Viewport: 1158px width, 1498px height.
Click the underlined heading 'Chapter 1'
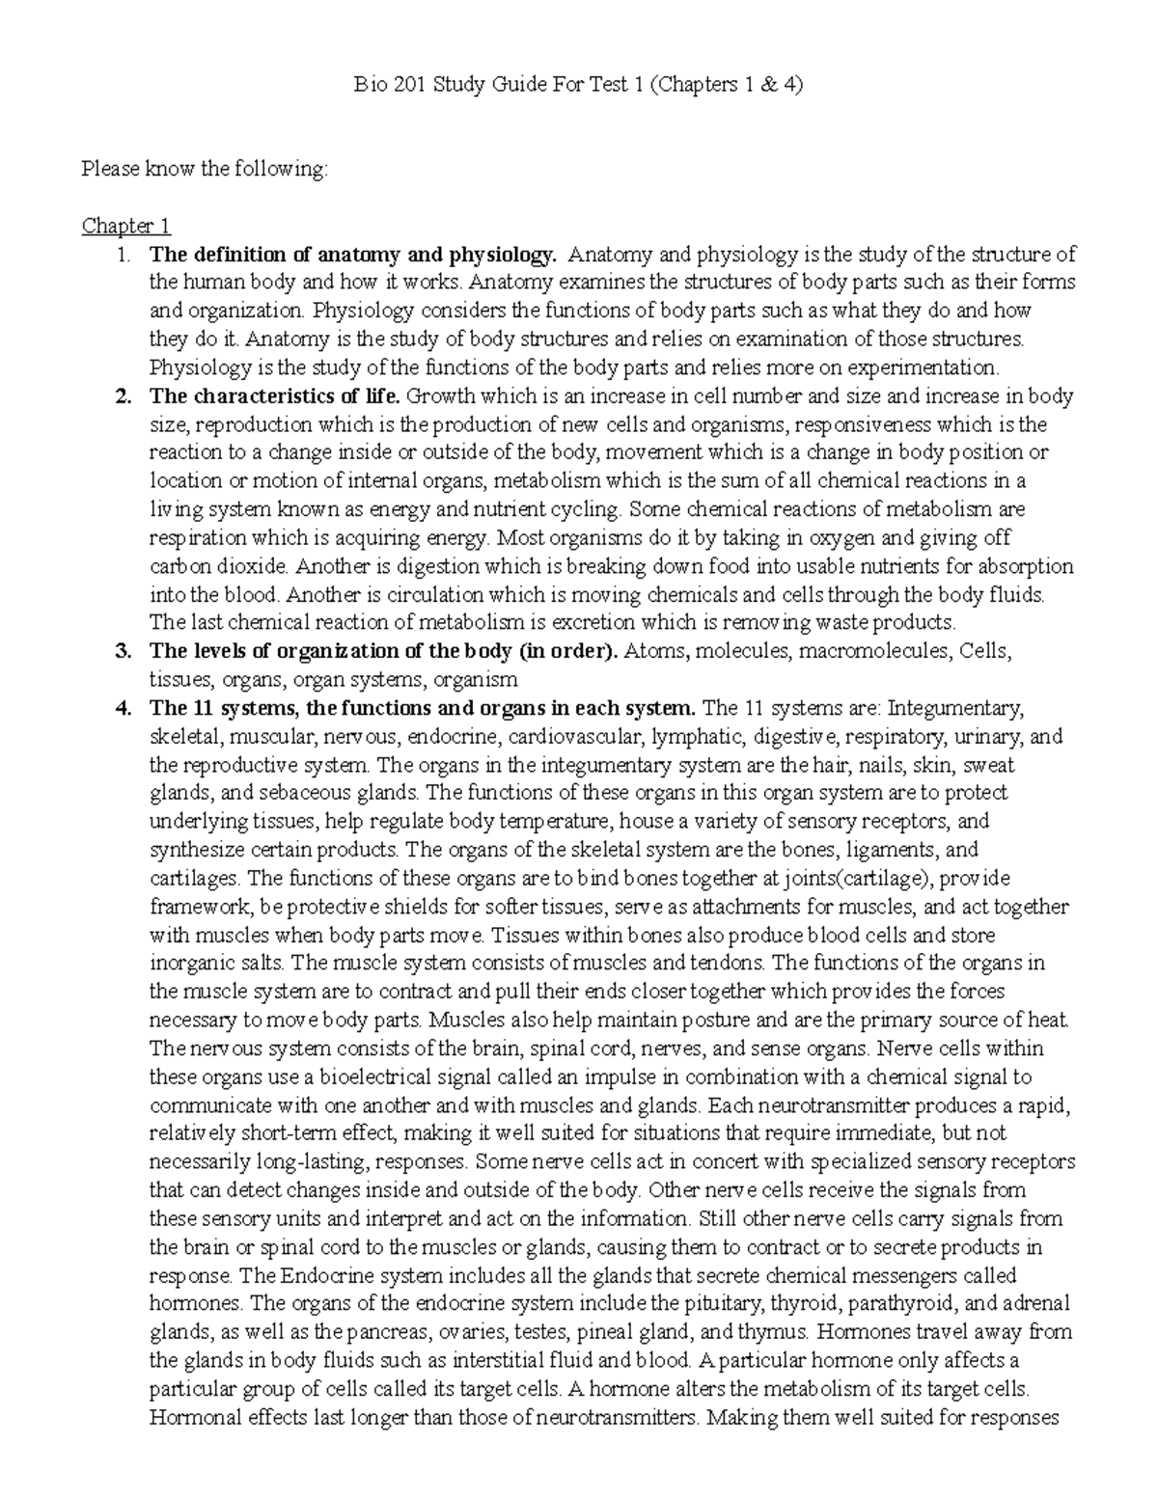pos(126,227)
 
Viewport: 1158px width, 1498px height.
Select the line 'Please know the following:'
pos(205,170)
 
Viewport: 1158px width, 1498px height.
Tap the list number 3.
pos(122,651)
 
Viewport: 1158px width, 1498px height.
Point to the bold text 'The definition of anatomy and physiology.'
pos(353,256)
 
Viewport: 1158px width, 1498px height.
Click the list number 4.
pos(122,708)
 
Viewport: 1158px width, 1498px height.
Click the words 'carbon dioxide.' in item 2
pos(216,566)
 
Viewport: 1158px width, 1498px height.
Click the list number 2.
pos(122,396)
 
